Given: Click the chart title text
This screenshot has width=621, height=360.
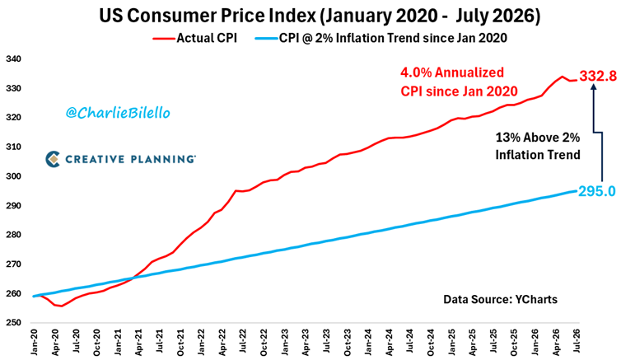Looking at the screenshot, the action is click(320, 16).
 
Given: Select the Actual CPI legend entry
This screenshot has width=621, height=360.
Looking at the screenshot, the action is click(195, 38).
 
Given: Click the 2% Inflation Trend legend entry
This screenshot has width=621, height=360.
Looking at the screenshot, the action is click(381, 38).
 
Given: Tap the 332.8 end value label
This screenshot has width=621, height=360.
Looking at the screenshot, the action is click(598, 76).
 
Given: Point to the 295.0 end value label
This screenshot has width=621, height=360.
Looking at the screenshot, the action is click(597, 191).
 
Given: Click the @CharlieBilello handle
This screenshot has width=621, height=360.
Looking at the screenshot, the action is click(118, 113).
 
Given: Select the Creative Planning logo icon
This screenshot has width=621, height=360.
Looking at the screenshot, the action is click(53, 159).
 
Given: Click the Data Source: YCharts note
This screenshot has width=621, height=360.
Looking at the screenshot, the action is click(500, 299).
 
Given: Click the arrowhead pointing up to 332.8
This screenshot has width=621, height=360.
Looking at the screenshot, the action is click(593, 88).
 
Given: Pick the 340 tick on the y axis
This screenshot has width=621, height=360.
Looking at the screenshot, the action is click(13, 59).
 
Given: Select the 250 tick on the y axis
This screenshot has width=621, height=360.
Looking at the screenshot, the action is click(13, 323).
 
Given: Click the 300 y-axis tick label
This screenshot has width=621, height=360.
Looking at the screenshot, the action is click(13, 176).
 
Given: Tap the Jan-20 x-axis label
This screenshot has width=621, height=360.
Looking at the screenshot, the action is click(33, 341).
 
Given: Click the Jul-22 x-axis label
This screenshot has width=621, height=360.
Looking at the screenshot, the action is click(242, 341).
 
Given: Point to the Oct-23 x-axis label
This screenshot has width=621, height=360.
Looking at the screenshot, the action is click(347, 341).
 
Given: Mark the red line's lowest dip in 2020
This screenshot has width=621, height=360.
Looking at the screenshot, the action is click(62, 306).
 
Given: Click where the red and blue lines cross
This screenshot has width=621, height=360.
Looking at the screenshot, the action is click(133, 278).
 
